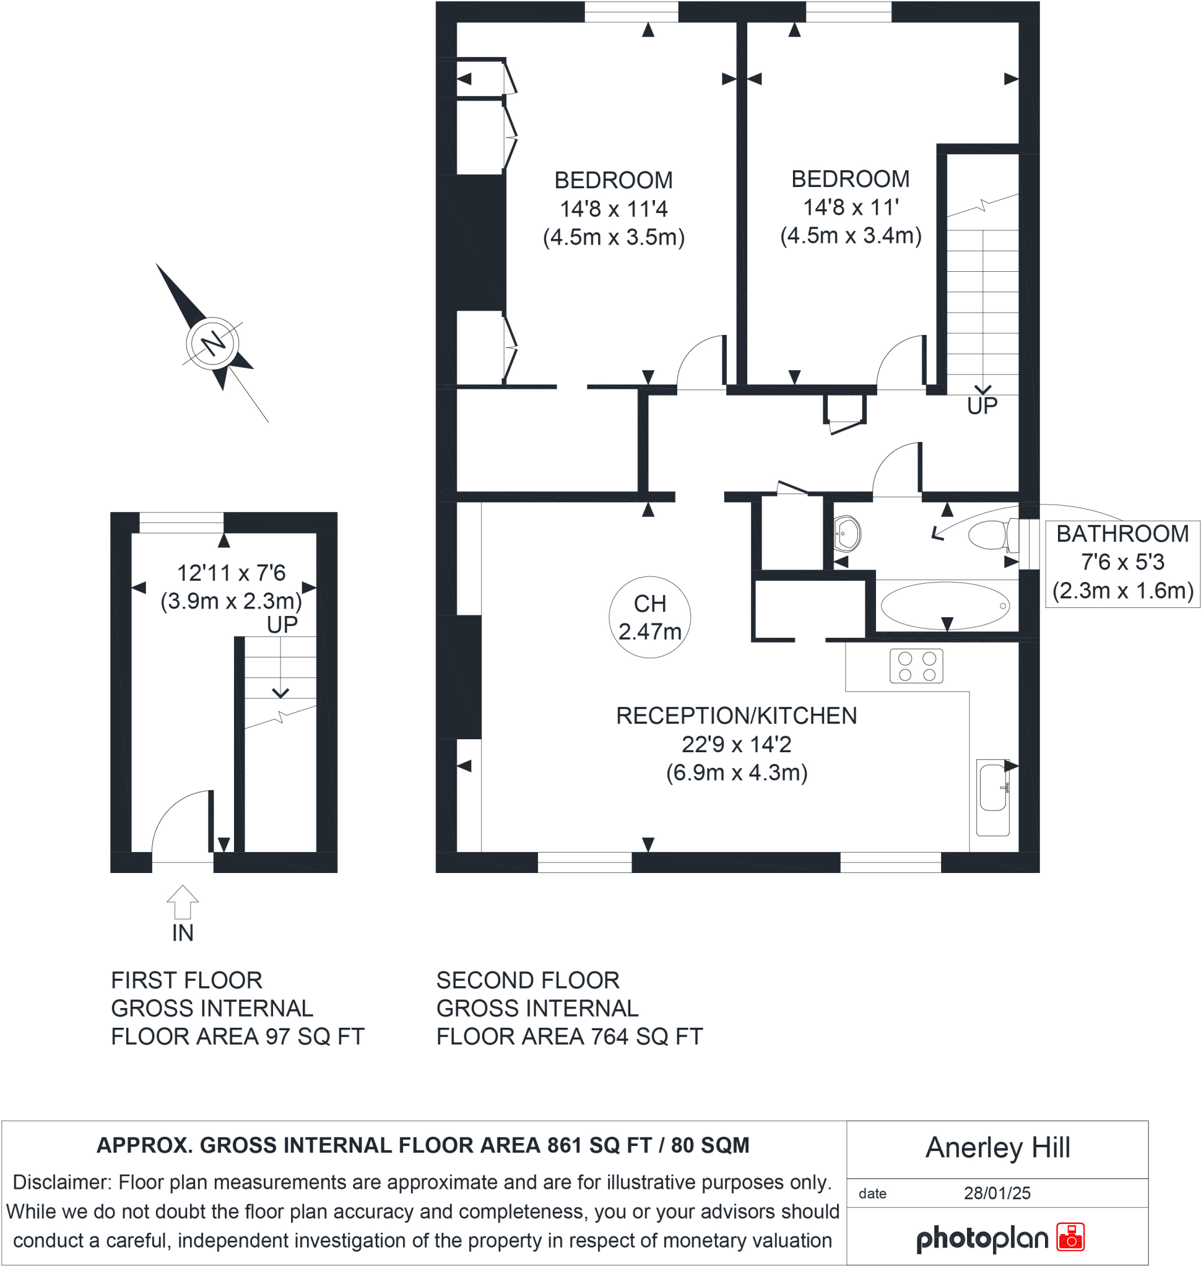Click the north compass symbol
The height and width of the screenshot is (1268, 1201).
(x=212, y=342)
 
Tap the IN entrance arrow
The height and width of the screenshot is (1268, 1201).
(x=183, y=901)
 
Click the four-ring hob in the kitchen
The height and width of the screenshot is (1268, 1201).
(x=916, y=666)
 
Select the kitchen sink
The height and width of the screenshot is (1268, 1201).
(x=992, y=787)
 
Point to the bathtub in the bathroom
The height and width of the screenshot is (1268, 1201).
(x=945, y=605)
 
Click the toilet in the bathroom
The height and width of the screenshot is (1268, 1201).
(x=991, y=535)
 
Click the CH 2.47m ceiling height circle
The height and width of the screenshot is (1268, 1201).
(x=649, y=617)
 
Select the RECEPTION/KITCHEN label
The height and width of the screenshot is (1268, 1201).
(x=736, y=715)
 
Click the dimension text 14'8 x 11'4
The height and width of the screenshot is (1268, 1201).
(x=614, y=209)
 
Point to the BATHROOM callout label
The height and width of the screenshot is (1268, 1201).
(x=1122, y=534)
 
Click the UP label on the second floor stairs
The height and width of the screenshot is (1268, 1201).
(x=981, y=406)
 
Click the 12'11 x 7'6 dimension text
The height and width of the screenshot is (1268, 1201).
(x=230, y=573)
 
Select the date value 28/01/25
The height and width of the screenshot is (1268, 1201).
(x=997, y=1193)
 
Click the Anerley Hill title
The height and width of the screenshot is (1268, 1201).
(x=997, y=1148)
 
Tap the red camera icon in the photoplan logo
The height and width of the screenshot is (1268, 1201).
(x=1070, y=1237)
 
